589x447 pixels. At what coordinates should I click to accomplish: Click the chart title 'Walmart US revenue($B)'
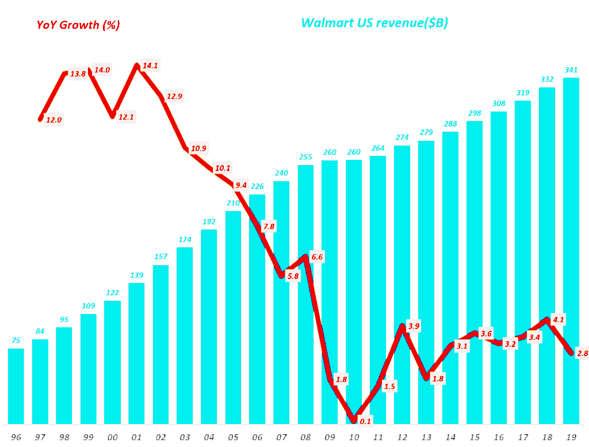tap(374, 23)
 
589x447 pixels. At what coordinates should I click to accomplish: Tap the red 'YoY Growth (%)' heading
tap(78, 25)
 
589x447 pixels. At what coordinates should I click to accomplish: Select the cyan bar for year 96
tap(16, 385)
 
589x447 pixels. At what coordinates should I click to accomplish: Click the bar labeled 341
tap(571, 253)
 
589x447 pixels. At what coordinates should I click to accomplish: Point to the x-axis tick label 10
tap(354, 437)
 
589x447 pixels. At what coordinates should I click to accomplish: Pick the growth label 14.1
tap(150, 66)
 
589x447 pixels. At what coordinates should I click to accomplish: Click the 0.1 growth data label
tap(365, 421)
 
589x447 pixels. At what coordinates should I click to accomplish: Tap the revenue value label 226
tap(257, 186)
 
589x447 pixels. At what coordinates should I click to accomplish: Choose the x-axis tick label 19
tap(571, 437)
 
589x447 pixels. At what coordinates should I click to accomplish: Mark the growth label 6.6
tap(318, 256)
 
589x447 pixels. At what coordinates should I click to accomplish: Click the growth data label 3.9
tap(414, 327)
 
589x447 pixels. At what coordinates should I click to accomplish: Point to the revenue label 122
tap(112, 293)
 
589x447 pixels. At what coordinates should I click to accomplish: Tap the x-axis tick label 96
tap(16, 437)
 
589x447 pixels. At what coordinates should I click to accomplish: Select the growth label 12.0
tap(53, 120)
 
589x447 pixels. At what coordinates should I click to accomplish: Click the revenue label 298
tap(475, 113)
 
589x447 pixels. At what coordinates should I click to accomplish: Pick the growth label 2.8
tap(582, 353)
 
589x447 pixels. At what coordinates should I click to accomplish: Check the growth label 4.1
tap(558, 320)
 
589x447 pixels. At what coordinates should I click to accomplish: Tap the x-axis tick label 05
tap(233, 437)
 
